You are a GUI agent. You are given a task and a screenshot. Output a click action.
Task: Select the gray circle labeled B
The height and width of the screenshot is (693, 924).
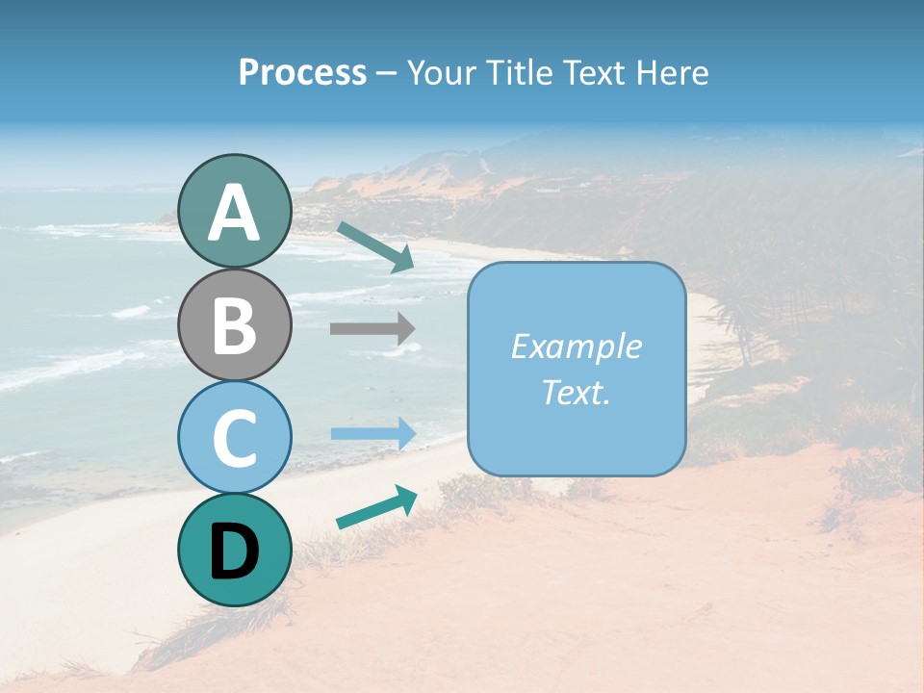(234, 324)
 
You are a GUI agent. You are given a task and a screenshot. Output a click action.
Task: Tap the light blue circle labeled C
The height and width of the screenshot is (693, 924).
(234, 437)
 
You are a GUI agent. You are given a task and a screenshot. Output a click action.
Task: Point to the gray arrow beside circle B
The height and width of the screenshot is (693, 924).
(372, 328)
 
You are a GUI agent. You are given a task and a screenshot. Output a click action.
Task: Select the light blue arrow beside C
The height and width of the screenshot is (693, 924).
(373, 433)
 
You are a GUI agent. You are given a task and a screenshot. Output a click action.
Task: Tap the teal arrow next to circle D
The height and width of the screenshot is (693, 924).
(376, 507)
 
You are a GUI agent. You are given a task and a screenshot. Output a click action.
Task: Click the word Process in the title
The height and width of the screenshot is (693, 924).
(302, 73)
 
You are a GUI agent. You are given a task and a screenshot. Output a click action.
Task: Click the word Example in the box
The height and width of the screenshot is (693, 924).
(576, 346)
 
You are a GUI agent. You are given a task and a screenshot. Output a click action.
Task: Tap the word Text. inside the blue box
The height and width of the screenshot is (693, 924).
(576, 392)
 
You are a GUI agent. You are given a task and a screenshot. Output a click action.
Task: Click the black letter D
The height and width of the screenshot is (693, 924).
(234, 552)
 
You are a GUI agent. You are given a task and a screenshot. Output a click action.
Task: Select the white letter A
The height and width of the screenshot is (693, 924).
(234, 212)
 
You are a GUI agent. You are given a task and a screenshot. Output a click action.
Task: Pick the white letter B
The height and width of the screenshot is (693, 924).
(234, 324)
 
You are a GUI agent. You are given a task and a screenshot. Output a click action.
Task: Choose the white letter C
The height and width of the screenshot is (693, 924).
(234, 437)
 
